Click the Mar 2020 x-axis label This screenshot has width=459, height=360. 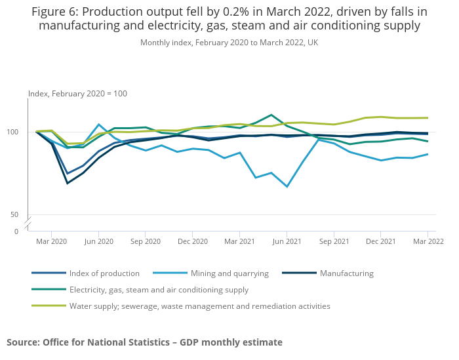(51, 241)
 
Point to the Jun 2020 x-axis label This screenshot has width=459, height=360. (98, 241)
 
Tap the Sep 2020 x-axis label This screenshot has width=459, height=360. (146, 241)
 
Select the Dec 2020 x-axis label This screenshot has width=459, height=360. (192, 241)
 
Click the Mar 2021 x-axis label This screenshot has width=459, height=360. (239, 241)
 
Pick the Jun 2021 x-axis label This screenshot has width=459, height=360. (287, 241)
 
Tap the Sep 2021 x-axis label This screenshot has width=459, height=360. (333, 241)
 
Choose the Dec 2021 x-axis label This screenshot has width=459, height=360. (380, 241)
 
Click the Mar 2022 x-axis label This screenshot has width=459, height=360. (427, 241)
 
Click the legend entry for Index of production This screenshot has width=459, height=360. (105, 273)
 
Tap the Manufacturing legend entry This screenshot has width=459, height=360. (346, 273)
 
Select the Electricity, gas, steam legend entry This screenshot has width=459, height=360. (159, 290)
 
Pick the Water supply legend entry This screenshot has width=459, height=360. (199, 306)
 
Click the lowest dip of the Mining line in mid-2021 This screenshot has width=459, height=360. (287, 187)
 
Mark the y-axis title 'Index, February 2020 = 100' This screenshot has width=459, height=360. (77, 94)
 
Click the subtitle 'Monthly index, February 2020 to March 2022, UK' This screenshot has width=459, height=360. (229, 43)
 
